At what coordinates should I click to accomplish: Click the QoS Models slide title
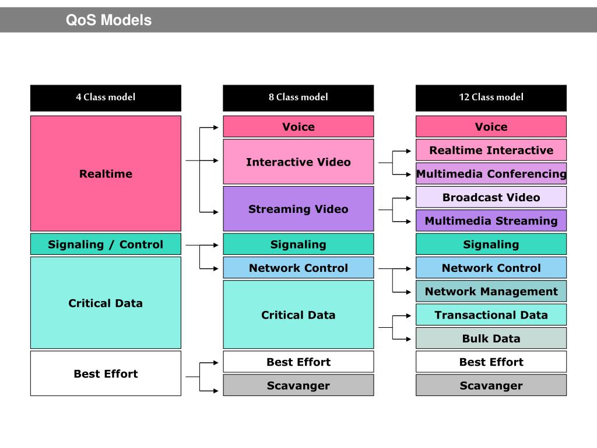click(x=108, y=20)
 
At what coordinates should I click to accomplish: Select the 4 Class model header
click(x=106, y=97)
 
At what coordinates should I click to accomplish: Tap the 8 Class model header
click(x=298, y=97)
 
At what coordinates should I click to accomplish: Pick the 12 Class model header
click(x=491, y=97)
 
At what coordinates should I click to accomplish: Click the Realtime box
click(x=106, y=173)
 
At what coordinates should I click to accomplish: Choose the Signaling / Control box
click(x=106, y=244)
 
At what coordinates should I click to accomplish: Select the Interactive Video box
click(x=298, y=162)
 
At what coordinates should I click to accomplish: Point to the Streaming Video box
click(x=298, y=209)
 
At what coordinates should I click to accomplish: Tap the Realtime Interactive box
click(x=491, y=150)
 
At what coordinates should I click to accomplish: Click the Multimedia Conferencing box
click(x=491, y=174)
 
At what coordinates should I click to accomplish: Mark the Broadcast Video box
click(x=491, y=197)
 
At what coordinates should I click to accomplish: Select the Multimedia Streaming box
click(x=491, y=220)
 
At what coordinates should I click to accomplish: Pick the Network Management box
click(x=491, y=291)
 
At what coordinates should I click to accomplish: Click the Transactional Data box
click(x=491, y=315)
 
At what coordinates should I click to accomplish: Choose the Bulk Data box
click(x=491, y=338)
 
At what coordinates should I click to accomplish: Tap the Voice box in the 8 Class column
click(x=298, y=127)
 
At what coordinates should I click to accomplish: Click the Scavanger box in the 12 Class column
click(x=491, y=386)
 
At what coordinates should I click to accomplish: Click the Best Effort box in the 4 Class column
click(x=106, y=373)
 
